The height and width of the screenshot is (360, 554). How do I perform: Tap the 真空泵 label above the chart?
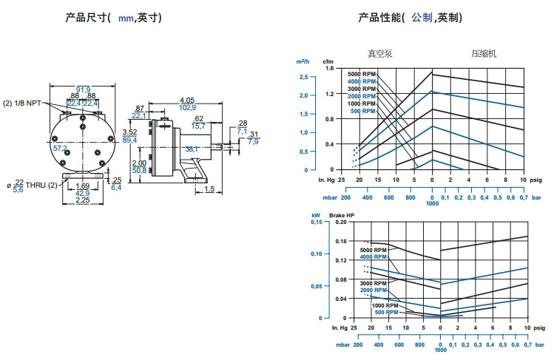point(381,53)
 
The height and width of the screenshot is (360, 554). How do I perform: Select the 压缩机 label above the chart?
point(484,53)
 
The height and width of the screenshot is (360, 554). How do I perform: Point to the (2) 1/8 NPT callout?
point(24,103)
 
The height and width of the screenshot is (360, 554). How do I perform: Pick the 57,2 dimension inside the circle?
point(60,148)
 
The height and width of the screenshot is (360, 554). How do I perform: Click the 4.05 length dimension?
point(186,101)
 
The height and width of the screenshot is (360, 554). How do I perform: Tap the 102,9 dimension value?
point(186,108)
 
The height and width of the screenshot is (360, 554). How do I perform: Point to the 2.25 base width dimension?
point(82,199)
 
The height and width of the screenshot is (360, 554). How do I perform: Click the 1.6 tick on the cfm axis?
point(329,68)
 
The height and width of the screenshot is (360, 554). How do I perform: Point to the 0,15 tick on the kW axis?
point(316,222)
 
